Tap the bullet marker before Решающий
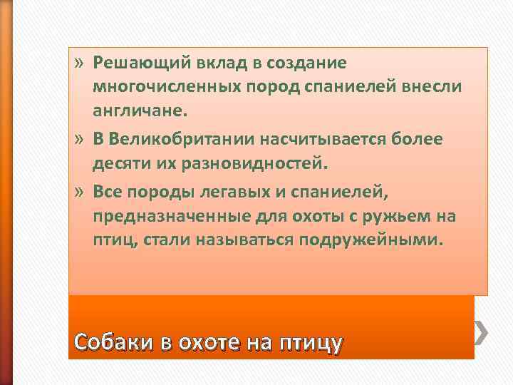(79, 63)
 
